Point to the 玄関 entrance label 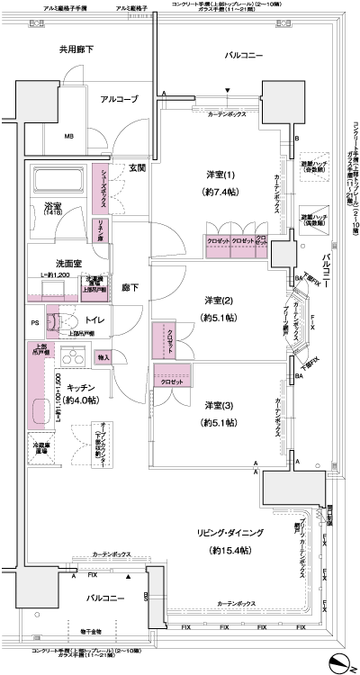pos(138,168)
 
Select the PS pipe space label pos(35,320)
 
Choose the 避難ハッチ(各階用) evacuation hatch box pos(312,165)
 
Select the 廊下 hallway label pos(131,289)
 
